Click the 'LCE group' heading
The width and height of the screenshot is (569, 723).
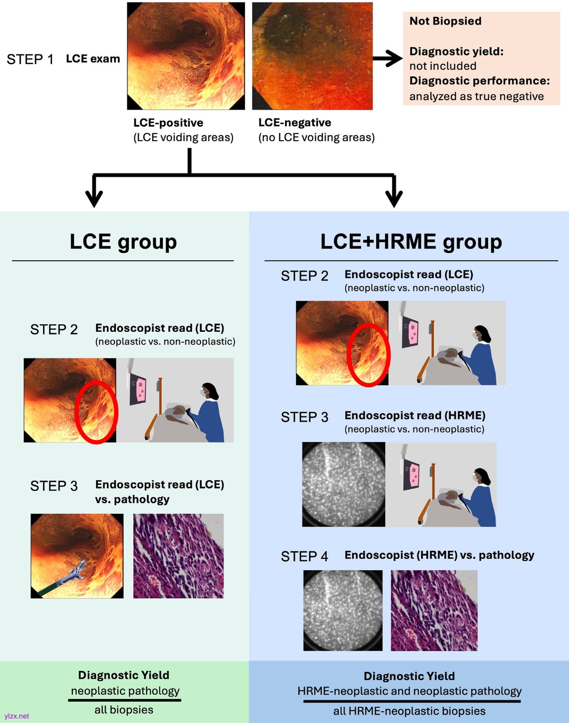pos(123,241)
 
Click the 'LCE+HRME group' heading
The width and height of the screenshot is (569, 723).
pos(411,241)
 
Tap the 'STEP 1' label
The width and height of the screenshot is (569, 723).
pos(30,59)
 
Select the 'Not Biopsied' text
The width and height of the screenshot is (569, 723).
pos(445,21)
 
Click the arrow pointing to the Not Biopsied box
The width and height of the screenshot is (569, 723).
pos(387,58)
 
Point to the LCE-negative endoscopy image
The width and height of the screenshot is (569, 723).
pos(312,56)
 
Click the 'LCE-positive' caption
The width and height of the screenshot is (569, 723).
pos(168,123)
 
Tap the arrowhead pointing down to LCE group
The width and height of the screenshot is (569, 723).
pos(94,198)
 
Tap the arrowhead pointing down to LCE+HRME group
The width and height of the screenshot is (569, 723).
pos(394,198)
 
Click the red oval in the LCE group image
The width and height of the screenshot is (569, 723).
pos(96,412)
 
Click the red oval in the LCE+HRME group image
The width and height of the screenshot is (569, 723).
pos(369,355)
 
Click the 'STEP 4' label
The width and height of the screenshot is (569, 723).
pos(304,557)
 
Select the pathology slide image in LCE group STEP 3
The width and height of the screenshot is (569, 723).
pos(178,556)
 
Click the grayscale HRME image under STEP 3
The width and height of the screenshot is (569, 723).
pos(343,484)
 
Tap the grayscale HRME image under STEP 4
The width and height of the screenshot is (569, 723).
pos(343,610)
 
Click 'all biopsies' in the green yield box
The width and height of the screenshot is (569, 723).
pos(124,710)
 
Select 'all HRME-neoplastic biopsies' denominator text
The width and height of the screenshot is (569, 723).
pos(409,711)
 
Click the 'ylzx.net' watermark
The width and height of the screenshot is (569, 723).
pos(17,716)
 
